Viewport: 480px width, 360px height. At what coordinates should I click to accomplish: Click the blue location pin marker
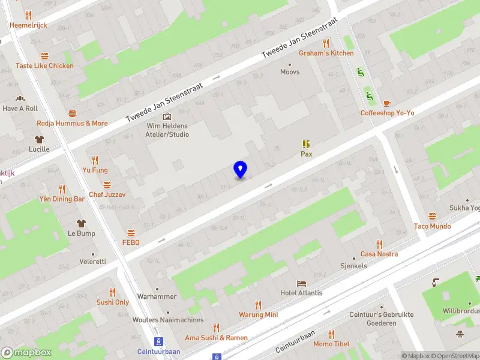click(241, 170)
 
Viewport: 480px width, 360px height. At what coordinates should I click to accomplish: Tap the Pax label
click(306, 154)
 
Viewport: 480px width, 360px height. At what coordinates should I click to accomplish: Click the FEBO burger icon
click(131, 232)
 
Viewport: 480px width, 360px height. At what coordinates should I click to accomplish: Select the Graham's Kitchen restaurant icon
click(326, 43)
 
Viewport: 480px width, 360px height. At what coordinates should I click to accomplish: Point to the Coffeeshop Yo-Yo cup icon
click(387, 103)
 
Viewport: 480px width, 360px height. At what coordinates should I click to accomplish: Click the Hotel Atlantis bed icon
click(301, 283)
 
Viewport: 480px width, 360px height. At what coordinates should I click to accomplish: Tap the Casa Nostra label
click(379, 254)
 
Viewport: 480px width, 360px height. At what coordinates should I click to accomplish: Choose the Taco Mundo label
click(432, 226)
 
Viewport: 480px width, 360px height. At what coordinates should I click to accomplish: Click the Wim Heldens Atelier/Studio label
click(168, 130)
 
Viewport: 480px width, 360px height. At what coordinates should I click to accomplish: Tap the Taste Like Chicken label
click(44, 65)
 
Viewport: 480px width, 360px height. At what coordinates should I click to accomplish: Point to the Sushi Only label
click(113, 302)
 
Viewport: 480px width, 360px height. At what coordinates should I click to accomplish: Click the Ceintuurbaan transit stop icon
click(158, 341)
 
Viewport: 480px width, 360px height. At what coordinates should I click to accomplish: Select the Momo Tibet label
click(331, 344)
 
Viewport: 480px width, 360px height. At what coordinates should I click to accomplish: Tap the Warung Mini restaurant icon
click(259, 305)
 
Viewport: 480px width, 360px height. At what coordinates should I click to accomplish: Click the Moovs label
click(290, 72)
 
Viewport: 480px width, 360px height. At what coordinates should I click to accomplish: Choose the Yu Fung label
click(95, 170)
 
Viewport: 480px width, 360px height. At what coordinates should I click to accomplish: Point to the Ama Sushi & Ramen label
click(216, 338)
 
